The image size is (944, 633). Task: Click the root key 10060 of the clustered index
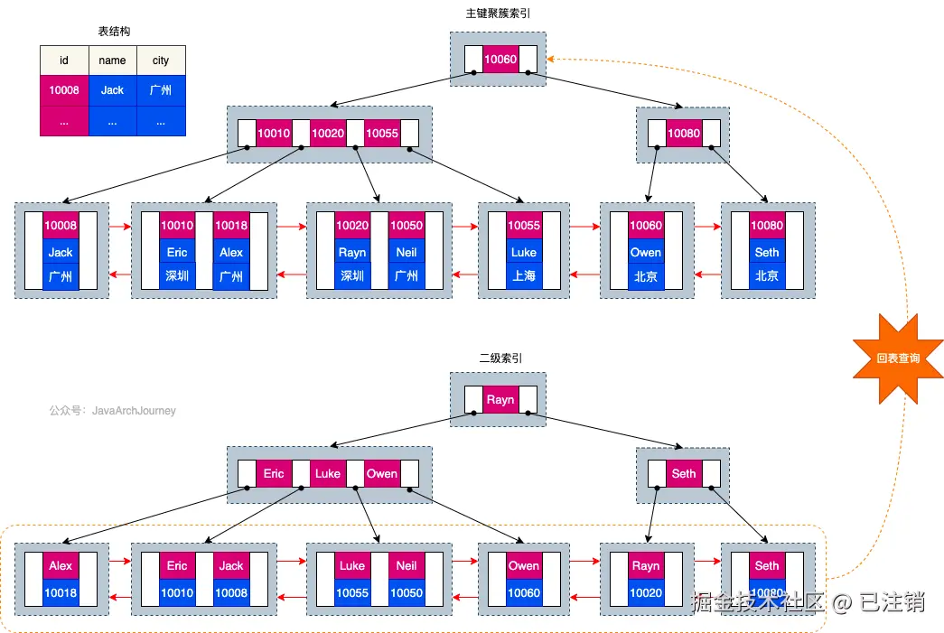click(x=500, y=60)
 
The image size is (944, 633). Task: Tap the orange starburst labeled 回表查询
click(x=898, y=358)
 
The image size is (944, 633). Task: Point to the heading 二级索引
click(x=500, y=358)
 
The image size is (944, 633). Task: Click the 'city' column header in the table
click(x=161, y=61)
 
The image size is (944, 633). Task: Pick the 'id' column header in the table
click(x=64, y=61)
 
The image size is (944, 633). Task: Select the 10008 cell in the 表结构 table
click(x=64, y=90)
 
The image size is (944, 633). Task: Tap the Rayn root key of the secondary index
click(x=500, y=399)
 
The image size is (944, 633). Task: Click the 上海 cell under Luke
click(x=523, y=276)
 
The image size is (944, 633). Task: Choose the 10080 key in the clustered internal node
click(x=684, y=134)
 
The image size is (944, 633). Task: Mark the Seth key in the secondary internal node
click(x=684, y=473)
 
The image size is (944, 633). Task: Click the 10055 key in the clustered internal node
click(x=382, y=134)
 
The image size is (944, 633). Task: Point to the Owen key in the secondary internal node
click(x=382, y=473)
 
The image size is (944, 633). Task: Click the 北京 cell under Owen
click(x=646, y=276)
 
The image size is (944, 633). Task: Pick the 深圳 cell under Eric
click(x=177, y=276)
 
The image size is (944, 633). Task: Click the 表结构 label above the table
click(x=114, y=32)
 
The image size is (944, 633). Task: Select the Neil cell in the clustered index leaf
click(x=407, y=253)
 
